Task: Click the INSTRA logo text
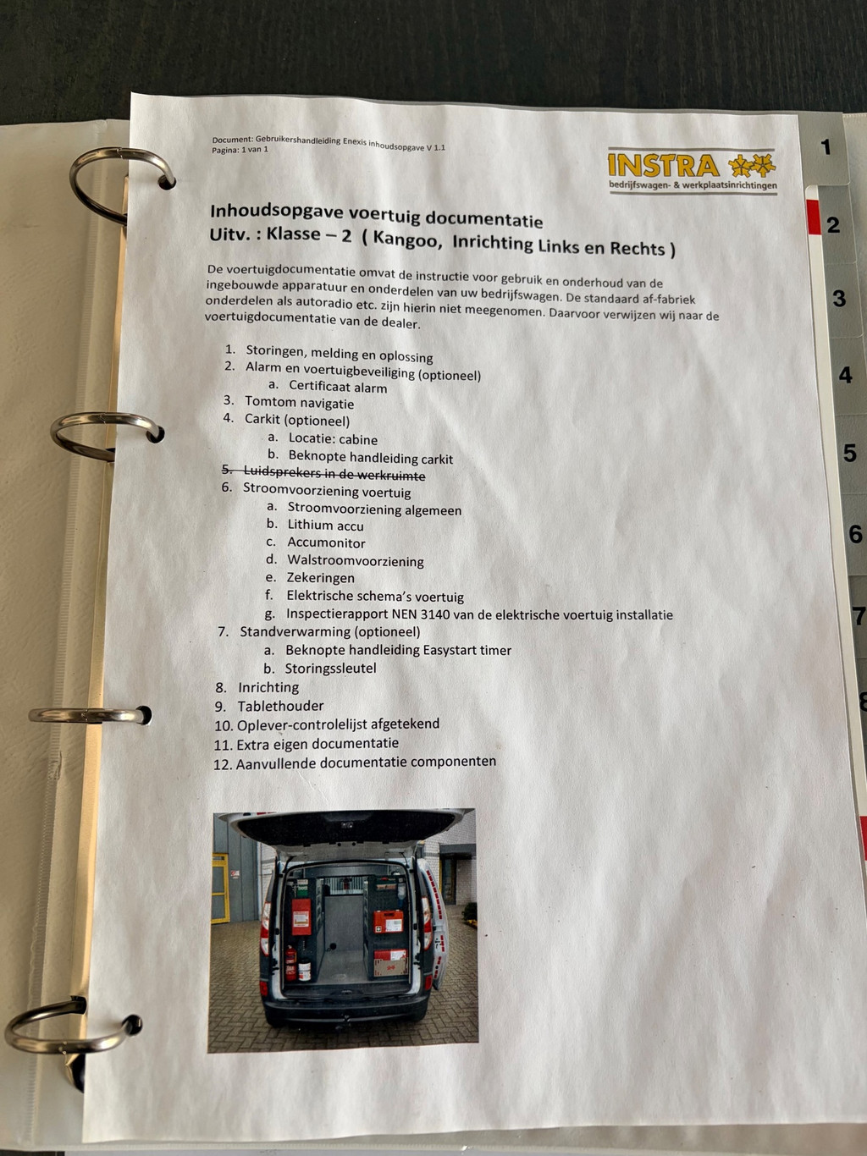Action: (x=664, y=165)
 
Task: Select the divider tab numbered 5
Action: (x=849, y=453)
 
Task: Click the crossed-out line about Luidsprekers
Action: (x=323, y=472)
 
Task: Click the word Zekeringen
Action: (x=320, y=578)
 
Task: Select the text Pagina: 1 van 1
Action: (x=240, y=150)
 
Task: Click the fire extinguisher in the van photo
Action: (x=290, y=963)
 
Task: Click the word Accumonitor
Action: (x=326, y=543)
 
